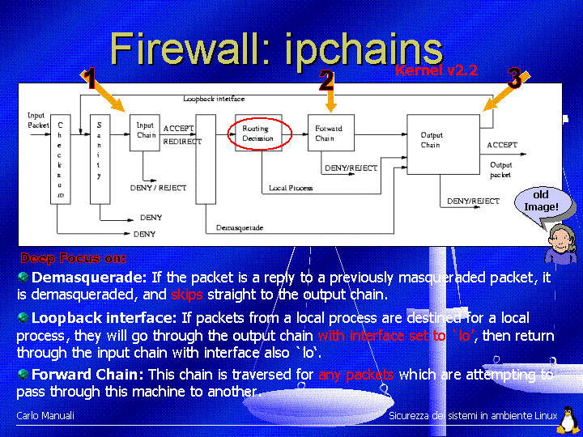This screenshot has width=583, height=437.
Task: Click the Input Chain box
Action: (145, 132)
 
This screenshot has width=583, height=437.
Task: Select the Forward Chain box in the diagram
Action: (330, 133)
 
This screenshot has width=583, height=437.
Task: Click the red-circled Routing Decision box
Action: (258, 134)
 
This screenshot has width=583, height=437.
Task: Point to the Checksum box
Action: (61, 159)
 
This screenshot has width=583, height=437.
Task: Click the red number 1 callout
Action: (90, 79)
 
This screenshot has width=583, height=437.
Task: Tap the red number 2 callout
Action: (326, 80)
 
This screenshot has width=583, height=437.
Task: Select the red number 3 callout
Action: (513, 78)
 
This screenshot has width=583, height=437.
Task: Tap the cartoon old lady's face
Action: (560, 238)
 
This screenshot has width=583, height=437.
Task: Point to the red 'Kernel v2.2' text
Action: (436, 71)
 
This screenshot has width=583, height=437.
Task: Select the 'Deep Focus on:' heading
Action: (73, 259)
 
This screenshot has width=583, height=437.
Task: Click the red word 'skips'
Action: (187, 294)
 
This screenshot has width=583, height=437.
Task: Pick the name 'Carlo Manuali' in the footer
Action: (45, 415)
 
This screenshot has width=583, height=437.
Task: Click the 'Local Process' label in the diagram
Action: (291, 188)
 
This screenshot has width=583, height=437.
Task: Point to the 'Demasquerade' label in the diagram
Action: (240, 228)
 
